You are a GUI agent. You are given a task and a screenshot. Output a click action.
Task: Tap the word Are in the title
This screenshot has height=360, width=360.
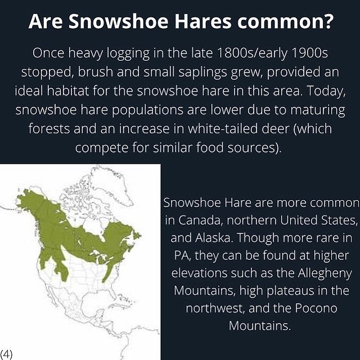(46, 21)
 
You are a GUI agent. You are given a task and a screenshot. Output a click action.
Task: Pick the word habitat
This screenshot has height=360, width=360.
(68, 91)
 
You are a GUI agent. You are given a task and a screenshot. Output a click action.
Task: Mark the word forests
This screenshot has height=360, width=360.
(49, 128)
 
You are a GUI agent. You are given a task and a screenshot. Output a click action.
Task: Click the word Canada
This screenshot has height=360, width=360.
(201, 220)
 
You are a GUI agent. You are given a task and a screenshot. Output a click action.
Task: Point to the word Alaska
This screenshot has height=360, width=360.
(213, 237)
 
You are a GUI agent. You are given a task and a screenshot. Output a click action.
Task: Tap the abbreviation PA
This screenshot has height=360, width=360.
(182, 255)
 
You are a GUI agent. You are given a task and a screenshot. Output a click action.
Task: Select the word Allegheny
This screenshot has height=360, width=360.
(325, 274)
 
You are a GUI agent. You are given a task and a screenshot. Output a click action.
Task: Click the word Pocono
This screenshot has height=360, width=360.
(316, 308)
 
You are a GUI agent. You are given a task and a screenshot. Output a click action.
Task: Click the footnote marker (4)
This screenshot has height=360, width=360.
(6, 354)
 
